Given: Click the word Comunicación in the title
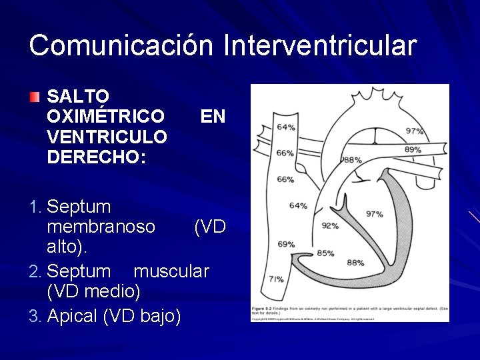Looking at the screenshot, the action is pos(122,45).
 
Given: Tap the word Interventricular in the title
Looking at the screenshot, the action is pos(321,45).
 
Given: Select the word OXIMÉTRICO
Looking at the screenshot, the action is pos(105,117).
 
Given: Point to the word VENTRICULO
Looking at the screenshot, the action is pos(107,137).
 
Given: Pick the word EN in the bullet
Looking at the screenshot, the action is pos(213,117).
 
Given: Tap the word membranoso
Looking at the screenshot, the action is pos(101,227).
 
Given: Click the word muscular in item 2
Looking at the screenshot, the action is pos(171,271).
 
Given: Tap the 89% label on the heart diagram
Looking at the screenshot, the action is pos(413,149).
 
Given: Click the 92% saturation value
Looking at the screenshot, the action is pos(330,225).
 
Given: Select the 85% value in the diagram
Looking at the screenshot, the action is pos(325,253).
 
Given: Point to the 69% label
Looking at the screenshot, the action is pos(286,244).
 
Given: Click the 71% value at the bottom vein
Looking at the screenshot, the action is pos(276,279).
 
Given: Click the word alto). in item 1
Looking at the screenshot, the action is pos(67,247).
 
